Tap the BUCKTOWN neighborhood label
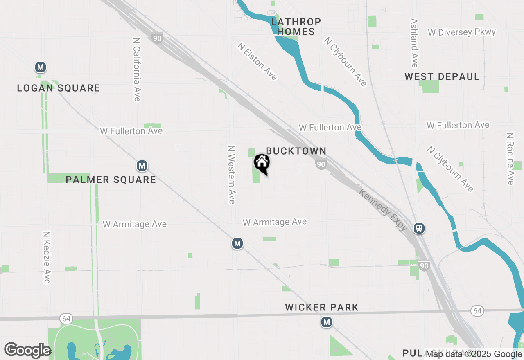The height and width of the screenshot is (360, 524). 296,151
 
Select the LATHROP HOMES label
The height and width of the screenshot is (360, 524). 296,27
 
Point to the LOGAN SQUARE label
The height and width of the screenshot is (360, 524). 59,88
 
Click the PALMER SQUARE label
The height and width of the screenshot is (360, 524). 111,180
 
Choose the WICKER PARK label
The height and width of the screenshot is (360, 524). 322,307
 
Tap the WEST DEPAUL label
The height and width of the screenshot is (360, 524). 442,76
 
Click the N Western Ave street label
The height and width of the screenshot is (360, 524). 231,174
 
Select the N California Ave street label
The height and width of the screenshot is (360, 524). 137,70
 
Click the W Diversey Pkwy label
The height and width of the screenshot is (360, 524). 461,32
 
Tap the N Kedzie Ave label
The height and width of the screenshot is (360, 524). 47,257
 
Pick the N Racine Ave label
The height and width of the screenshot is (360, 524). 510,158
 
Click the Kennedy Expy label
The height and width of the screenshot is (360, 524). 383,209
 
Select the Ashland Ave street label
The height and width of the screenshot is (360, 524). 414,43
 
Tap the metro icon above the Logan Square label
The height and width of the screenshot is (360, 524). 40,67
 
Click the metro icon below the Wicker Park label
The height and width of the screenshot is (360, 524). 326,322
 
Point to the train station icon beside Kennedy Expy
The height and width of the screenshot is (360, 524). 419,228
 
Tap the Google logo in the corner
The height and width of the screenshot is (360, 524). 27,351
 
